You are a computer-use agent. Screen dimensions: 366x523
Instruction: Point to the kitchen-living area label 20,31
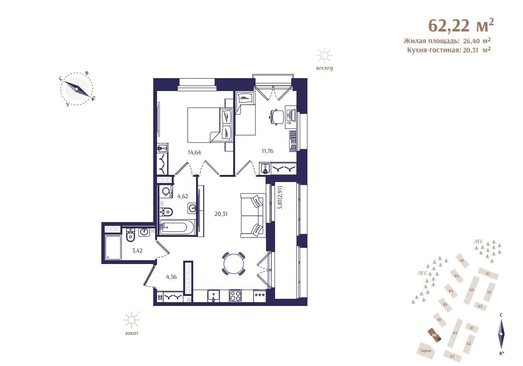221,214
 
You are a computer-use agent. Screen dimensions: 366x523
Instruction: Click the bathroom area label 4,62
183,196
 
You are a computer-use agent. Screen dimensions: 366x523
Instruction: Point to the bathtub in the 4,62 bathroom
177,228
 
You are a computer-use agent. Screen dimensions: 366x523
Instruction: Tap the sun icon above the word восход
325,56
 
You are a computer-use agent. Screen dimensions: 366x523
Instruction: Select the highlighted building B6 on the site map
434,335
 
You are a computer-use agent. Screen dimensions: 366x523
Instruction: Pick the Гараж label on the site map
425,351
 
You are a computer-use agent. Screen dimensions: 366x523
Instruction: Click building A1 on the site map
489,274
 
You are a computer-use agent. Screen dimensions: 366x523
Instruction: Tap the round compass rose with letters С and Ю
77,88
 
